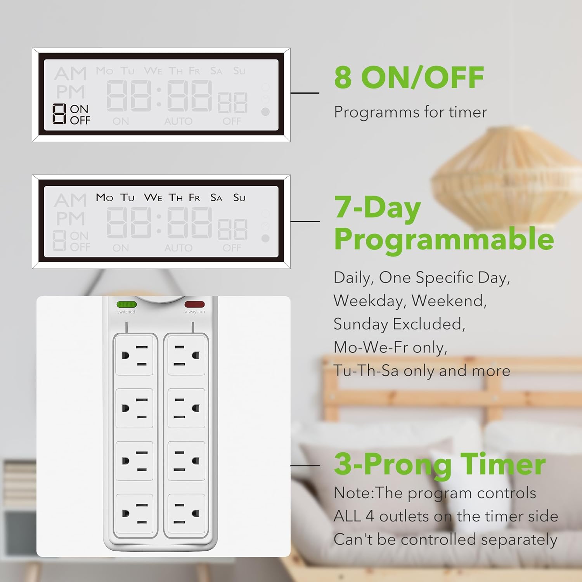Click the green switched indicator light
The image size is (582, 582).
[126, 305]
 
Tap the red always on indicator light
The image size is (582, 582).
[194, 305]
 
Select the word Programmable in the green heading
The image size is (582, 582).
[444, 239]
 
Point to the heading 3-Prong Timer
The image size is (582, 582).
[440, 464]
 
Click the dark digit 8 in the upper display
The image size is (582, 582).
[59, 114]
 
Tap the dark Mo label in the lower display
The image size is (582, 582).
[104, 197]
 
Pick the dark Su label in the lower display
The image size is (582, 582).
[239, 198]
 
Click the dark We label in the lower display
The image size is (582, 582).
[153, 197]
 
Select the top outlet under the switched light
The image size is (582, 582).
[134, 355]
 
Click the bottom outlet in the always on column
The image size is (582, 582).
[186, 514]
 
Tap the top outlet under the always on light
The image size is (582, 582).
[186, 355]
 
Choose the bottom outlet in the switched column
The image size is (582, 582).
[134, 514]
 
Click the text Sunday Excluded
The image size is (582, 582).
[399, 324]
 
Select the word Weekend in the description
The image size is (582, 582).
[449, 301]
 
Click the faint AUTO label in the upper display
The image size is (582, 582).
[178, 121]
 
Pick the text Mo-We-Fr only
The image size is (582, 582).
[390, 347]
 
